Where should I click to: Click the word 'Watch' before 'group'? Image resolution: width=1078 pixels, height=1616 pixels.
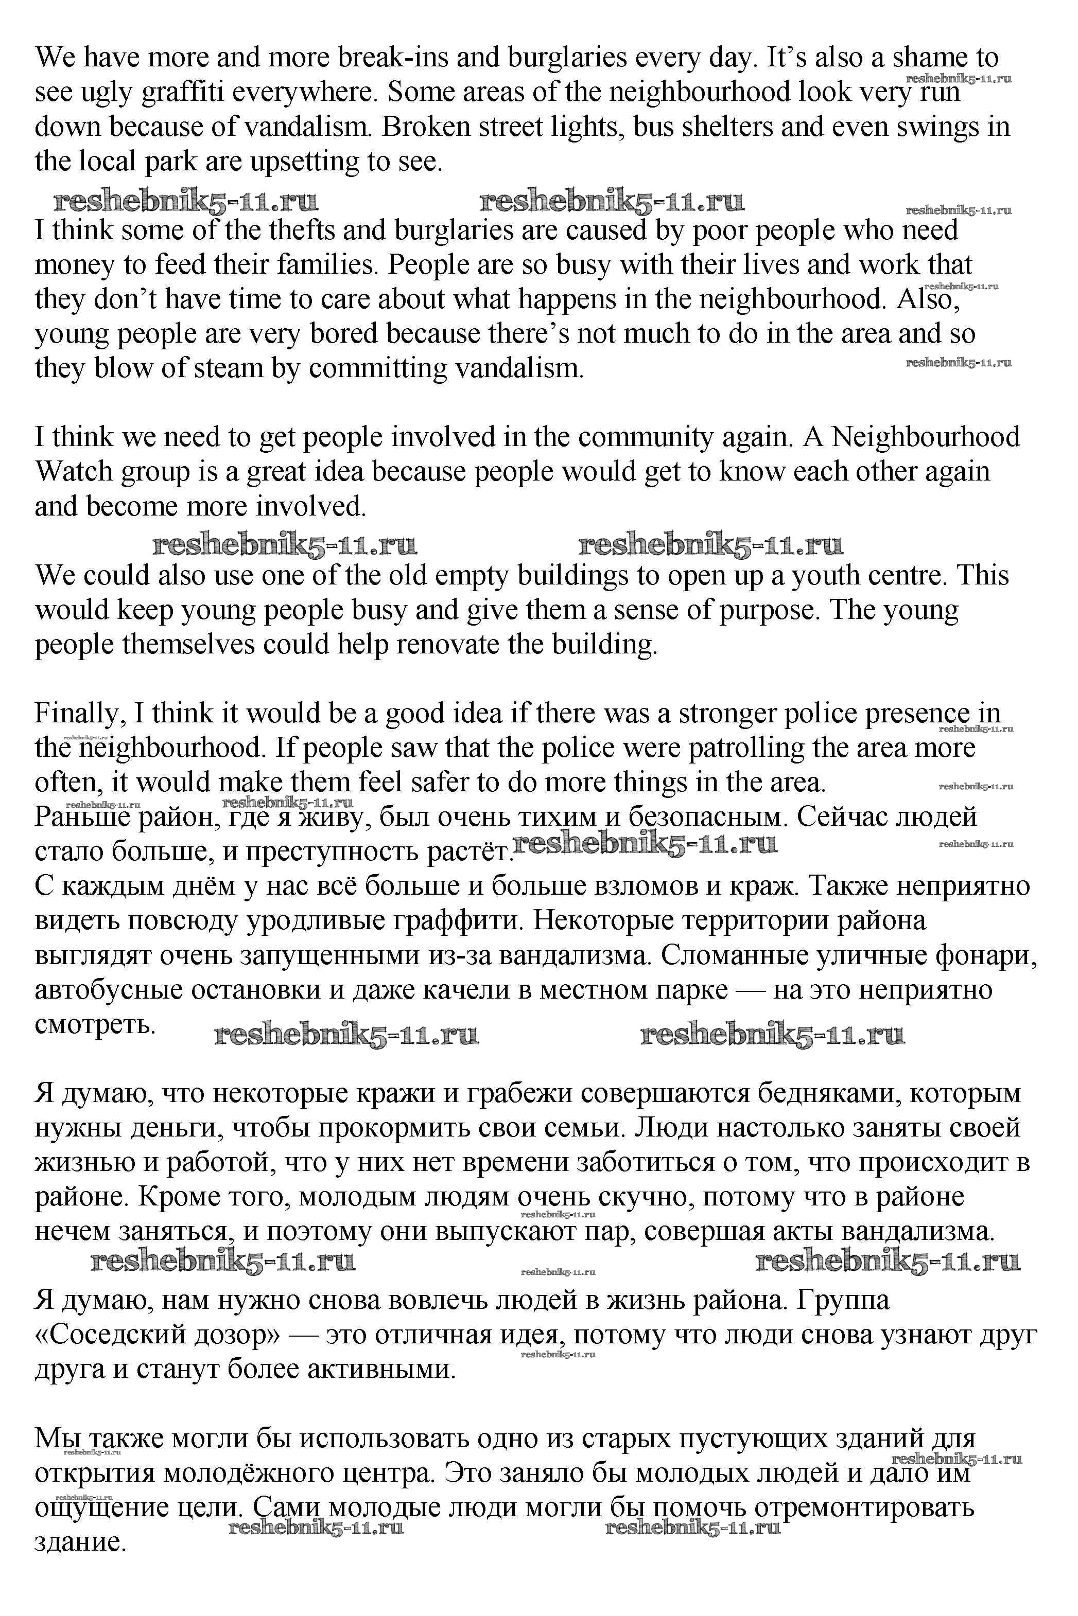pos(74,471)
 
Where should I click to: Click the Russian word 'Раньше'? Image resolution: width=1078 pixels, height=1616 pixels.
pos(82,817)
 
